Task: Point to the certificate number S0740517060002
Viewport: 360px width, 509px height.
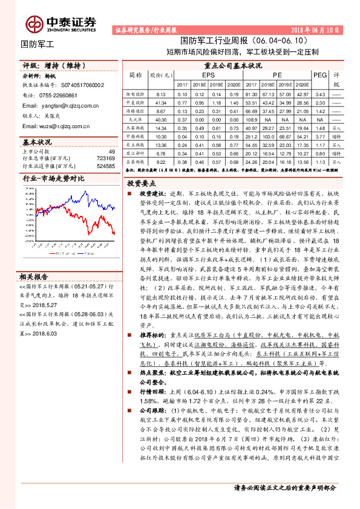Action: [75, 86]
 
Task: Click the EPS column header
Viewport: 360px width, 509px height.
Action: [208, 74]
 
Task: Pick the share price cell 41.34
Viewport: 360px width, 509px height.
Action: [160, 104]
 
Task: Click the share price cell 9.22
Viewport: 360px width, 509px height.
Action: [160, 162]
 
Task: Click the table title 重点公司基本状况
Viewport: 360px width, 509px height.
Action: [233, 65]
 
